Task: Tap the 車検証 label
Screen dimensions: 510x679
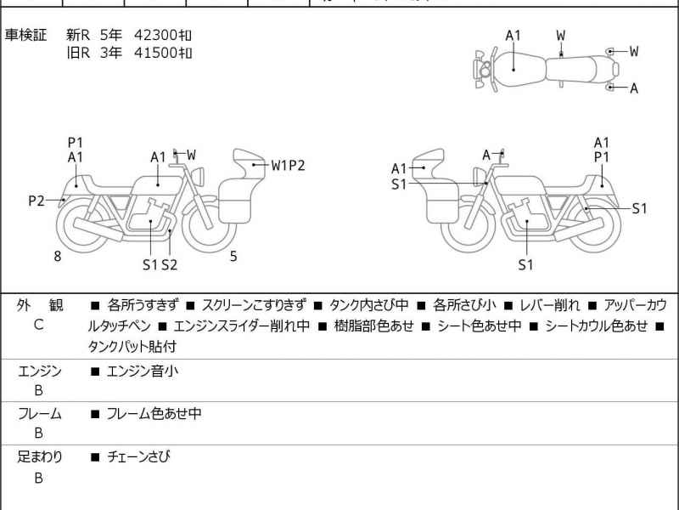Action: (26, 36)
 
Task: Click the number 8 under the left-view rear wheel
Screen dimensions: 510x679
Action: (58, 256)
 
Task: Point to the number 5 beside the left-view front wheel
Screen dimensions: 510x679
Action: (233, 256)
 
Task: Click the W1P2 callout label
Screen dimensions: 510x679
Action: (288, 166)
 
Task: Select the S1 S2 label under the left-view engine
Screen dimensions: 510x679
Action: (160, 265)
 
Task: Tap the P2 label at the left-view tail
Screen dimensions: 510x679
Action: (36, 201)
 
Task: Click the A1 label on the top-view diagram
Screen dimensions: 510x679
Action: (513, 36)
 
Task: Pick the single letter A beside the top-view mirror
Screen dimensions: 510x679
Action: (634, 88)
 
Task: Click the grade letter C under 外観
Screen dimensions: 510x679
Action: (39, 325)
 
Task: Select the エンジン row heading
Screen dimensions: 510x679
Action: (39, 371)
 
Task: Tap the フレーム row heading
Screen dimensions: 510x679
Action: (39, 414)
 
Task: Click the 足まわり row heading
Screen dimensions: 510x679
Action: (39, 457)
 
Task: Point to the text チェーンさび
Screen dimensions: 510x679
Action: (138, 457)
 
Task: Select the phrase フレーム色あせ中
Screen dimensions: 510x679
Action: (154, 414)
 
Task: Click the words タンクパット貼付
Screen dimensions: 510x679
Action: (132, 347)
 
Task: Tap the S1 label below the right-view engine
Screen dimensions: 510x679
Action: (525, 265)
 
